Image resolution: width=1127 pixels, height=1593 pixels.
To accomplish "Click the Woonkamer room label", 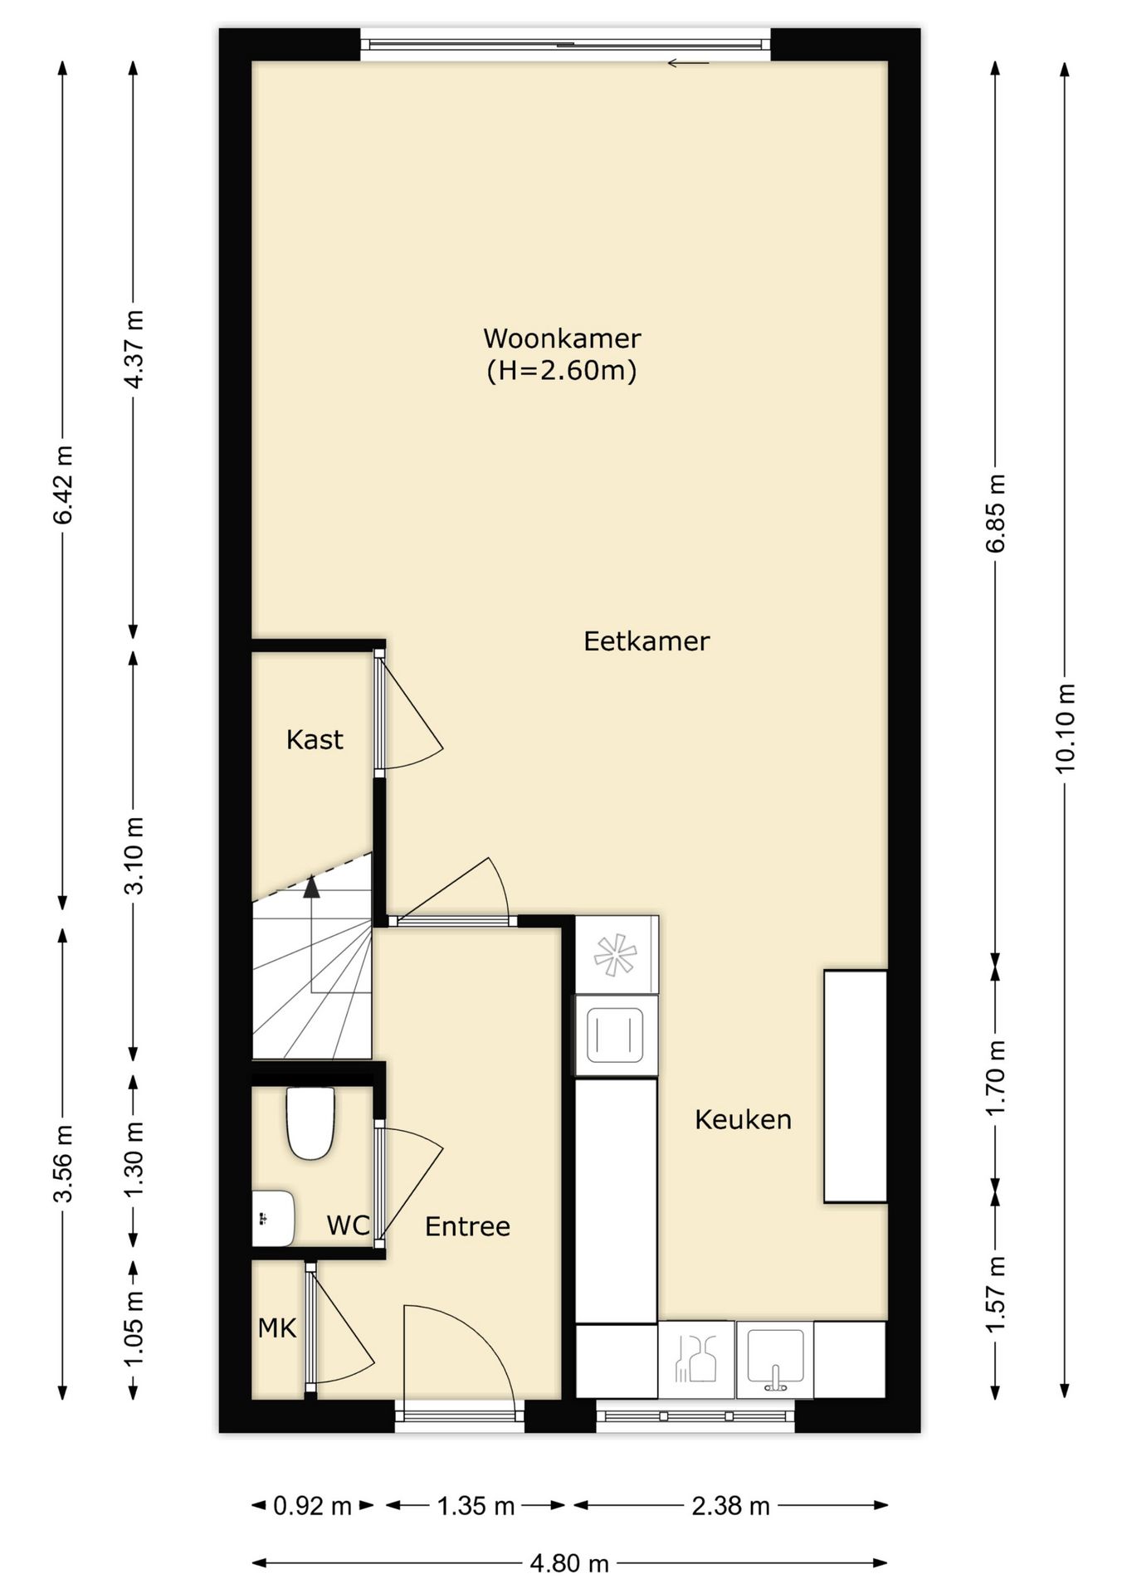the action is point(562,339).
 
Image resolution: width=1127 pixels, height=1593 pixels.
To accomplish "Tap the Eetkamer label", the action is point(646,641).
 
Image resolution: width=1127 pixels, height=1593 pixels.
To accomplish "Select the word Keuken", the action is point(743,1120).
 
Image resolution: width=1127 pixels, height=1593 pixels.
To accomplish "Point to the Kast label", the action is point(315,739).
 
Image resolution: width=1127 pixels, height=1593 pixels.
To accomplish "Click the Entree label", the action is point(467,1226).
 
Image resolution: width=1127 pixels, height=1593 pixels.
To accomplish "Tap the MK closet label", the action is point(277,1328).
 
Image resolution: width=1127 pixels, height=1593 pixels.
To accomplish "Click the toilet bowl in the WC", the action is point(310,1123).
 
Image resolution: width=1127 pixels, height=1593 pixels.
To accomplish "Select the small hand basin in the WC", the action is point(273,1219).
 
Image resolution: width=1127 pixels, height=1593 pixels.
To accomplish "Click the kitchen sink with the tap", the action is point(775,1358).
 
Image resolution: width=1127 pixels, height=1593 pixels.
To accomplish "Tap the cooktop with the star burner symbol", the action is point(617,954).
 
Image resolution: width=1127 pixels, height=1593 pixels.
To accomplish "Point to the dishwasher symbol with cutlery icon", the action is point(695,1359).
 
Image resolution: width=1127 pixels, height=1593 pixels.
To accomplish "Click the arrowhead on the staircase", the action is point(311,887).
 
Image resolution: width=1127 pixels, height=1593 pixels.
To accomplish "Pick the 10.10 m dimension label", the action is point(1065,728).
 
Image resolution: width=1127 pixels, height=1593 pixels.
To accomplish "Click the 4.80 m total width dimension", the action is point(569,1564).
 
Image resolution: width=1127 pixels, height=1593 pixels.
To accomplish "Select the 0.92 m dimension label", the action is point(313,1506).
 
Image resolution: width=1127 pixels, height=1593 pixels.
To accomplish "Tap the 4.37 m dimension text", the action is point(134,348).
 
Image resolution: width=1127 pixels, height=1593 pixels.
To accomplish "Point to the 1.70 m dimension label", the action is point(996,1078).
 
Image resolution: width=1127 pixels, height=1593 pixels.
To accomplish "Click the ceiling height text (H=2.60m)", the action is point(562,370).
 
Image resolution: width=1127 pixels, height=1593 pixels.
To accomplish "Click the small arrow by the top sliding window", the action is point(689,63).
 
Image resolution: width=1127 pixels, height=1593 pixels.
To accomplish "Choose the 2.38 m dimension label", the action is point(731,1506).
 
